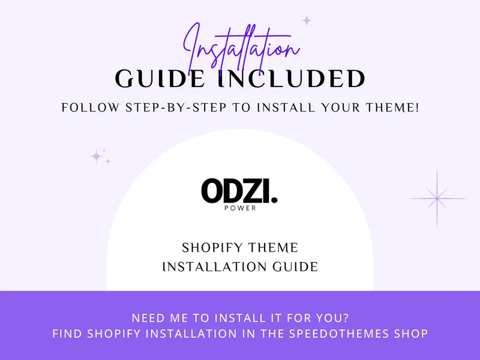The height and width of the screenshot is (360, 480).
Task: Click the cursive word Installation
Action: click(x=242, y=49)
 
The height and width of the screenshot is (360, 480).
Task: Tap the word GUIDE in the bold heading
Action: click(x=160, y=79)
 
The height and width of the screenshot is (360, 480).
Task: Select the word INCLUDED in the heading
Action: click(x=292, y=79)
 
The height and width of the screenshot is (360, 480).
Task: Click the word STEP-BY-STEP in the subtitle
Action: click(x=176, y=108)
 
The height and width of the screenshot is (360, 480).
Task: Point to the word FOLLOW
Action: click(x=91, y=108)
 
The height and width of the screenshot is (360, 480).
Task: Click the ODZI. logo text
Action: click(x=239, y=191)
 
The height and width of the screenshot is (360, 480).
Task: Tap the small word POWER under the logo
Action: click(x=240, y=208)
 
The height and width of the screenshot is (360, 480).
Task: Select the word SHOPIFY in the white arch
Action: click(x=212, y=248)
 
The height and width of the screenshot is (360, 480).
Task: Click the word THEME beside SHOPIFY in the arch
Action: click(x=273, y=248)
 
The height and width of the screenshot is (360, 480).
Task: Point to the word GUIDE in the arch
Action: click(x=295, y=267)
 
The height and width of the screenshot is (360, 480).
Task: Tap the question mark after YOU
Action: click(x=346, y=318)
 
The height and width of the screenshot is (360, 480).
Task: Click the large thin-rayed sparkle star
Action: click(x=437, y=199)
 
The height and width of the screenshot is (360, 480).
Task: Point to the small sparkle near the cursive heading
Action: click(x=307, y=21)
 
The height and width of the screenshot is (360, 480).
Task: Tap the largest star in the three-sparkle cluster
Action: click(x=97, y=157)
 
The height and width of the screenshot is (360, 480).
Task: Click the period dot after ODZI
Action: click(x=274, y=200)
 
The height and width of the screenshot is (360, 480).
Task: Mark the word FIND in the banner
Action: click(x=67, y=334)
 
